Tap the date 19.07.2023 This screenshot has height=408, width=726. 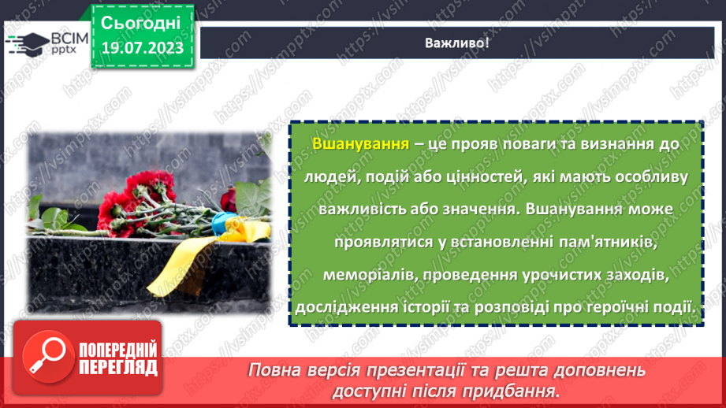click(x=141, y=48)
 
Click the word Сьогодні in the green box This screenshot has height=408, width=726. click(x=141, y=21)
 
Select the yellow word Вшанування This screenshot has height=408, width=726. click(x=360, y=145)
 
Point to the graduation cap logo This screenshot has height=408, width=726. click(x=26, y=44)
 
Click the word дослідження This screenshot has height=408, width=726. click(x=347, y=306)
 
